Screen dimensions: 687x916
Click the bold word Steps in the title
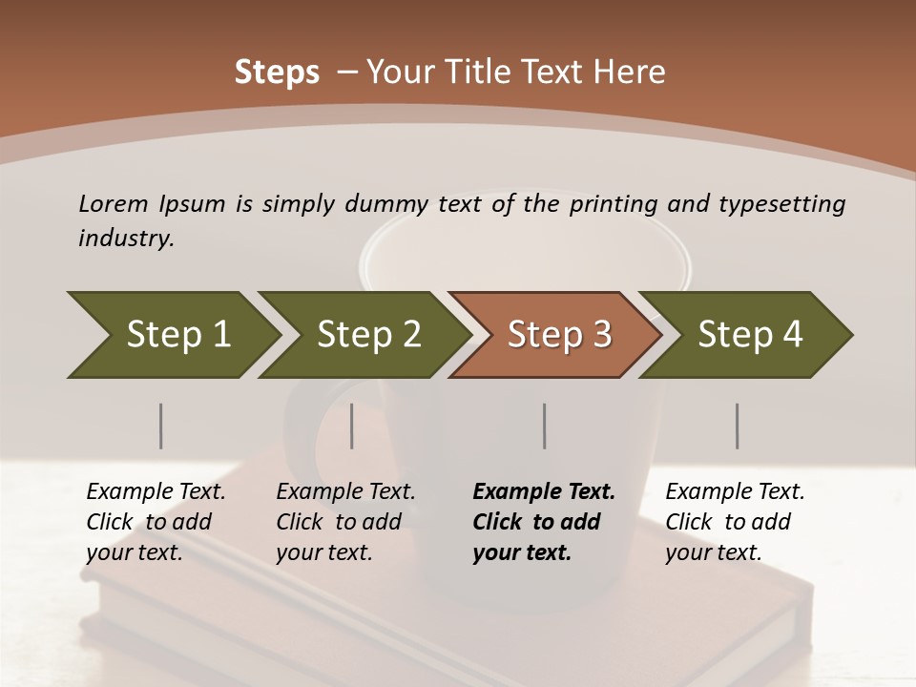[x=277, y=73]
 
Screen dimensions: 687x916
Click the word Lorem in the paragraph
[x=113, y=204]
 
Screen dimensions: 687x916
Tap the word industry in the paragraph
[x=126, y=239]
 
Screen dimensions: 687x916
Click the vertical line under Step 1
[x=160, y=426]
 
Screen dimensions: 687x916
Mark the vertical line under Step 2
[x=352, y=426]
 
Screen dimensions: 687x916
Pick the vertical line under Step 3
[x=544, y=426]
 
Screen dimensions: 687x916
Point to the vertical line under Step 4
[x=737, y=426]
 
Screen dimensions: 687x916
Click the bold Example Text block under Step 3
[x=544, y=522]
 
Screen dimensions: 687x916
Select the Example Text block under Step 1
[x=156, y=522]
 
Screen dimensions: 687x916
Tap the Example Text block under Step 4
[x=735, y=522]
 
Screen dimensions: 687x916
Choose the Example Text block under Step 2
[x=345, y=522]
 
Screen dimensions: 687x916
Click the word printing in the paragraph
[x=614, y=204]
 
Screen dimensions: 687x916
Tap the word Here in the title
[x=634, y=73]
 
